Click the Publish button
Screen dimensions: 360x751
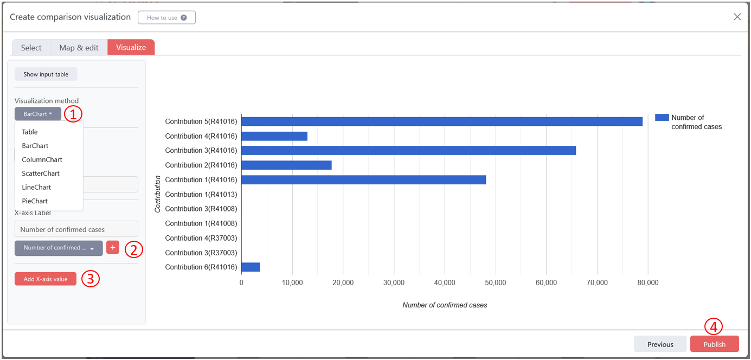(714, 344)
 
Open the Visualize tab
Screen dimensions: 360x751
(131, 48)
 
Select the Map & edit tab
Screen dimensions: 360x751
(79, 48)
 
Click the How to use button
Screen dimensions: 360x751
(166, 17)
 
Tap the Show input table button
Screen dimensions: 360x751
(46, 74)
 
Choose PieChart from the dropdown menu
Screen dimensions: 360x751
(35, 201)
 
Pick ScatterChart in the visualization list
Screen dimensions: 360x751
(41, 173)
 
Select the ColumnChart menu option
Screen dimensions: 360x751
(42, 159)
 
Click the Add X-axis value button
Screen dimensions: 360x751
(46, 279)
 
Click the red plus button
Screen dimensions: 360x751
(113, 248)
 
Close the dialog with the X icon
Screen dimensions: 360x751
(737, 17)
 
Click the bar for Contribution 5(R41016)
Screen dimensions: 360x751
(441, 121)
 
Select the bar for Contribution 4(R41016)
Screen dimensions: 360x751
(274, 136)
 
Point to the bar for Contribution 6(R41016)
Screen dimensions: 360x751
(251, 267)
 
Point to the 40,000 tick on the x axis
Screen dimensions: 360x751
(444, 282)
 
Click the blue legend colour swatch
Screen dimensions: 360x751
(662, 118)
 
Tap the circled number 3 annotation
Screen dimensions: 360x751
(91, 279)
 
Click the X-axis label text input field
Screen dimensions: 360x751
(76, 229)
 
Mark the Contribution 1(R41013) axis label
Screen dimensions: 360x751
(201, 194)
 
